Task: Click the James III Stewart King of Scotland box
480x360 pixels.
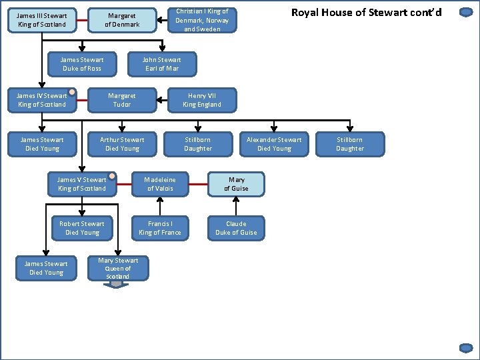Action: tap(41, 20)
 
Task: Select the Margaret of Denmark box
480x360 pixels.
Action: tap(122, 20)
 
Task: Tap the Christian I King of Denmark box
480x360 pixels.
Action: tap(202, 20)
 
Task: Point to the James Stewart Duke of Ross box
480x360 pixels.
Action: tap(82, 64)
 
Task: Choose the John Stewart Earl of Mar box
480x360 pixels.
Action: tap(162, 64)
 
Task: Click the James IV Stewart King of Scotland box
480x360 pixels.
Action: tap(41, 100)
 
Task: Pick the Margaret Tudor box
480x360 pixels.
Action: tap(122, 100)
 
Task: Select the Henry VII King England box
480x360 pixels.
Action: tap(202, 100)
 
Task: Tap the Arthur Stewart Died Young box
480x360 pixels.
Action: tap(122, 144)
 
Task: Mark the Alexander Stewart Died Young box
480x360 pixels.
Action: tap(274, 144)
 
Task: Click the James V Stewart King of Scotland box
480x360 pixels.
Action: tap(82, 184)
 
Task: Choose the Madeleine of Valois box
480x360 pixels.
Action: tap(160, 184)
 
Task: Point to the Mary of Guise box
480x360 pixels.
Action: tap(236, 184)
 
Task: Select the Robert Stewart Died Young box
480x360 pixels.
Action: tap(82, 228)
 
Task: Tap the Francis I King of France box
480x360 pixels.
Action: tap(160, 228)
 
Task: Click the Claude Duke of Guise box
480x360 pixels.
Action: tap(236, 228)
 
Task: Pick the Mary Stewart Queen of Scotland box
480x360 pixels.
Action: tap(118, 268)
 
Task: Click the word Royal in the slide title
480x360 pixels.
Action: tap(307, 12)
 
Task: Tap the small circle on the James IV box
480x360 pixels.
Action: tap(72, 93)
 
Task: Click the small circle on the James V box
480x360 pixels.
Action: tap(112, 177)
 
